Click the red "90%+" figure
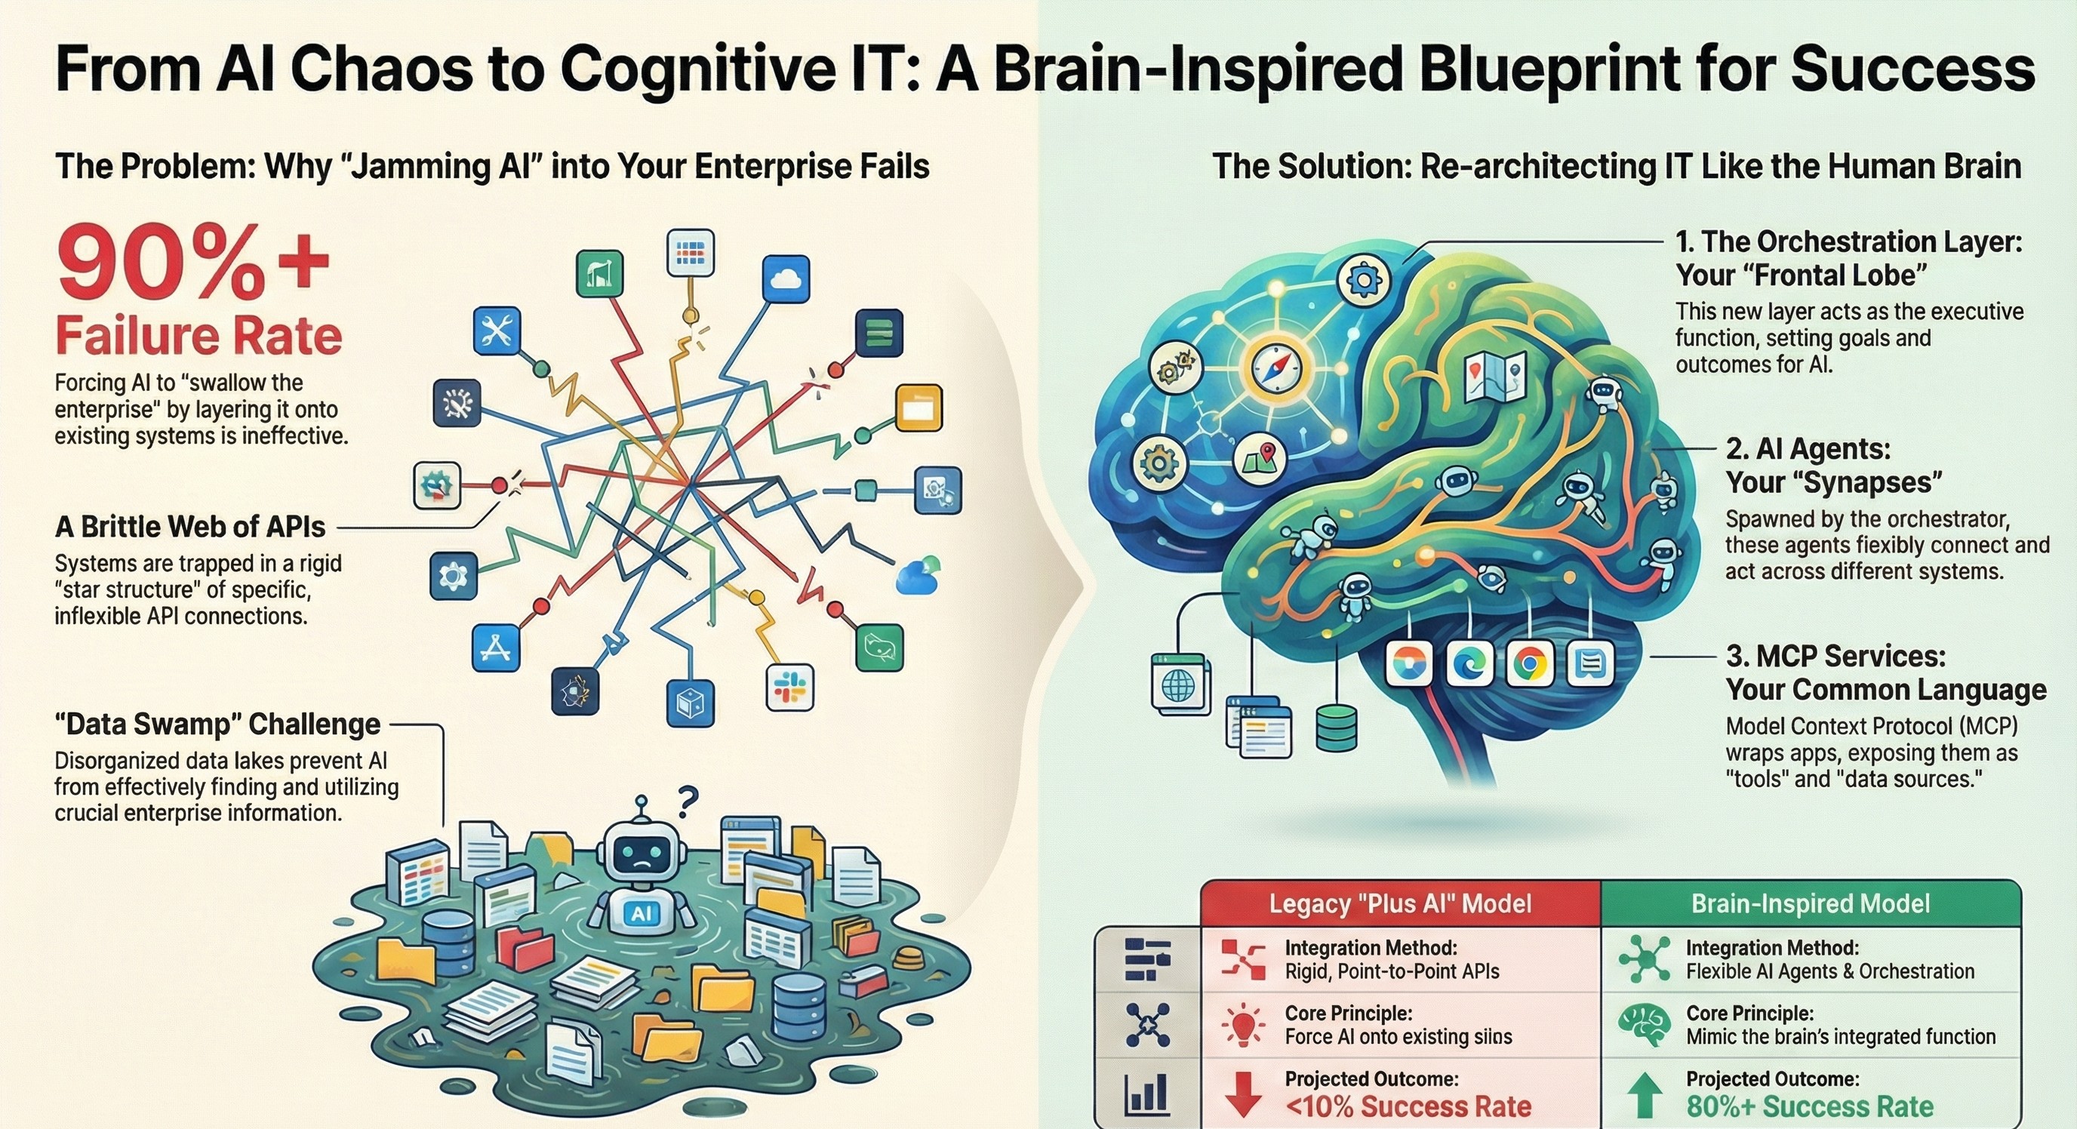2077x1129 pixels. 192,264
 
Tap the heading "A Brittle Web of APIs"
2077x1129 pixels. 190,527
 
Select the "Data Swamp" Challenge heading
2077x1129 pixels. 217,724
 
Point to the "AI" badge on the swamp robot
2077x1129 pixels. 642,914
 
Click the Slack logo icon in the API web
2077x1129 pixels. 789,688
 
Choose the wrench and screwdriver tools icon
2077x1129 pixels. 496,331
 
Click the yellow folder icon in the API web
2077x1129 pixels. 919,408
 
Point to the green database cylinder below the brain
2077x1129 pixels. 1336,728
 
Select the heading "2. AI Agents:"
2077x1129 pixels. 1808,448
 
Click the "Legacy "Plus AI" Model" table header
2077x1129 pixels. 1400,903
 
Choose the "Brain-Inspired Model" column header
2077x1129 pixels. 1810,903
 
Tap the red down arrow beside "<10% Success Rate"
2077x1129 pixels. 1242,1094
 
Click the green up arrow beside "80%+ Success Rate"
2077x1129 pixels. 1645,1094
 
